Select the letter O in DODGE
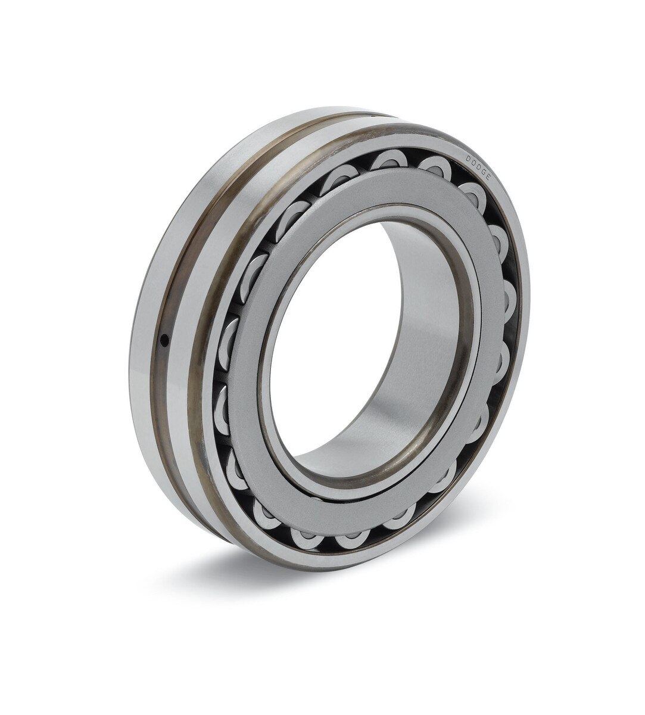click(x=473, y=161)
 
